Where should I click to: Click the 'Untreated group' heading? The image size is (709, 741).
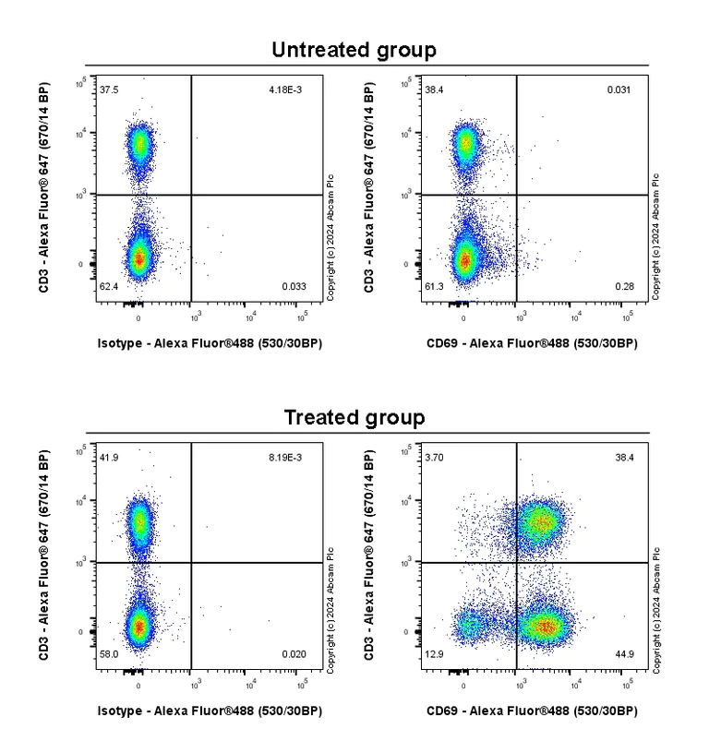point(354,50)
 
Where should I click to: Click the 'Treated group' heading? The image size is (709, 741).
point(354,417)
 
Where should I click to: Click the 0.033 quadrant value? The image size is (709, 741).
point(294,288)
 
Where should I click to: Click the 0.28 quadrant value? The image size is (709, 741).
point(622,288)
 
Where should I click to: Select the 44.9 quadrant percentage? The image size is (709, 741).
point(620,654)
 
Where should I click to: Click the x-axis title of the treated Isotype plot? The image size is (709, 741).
point(210,711)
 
